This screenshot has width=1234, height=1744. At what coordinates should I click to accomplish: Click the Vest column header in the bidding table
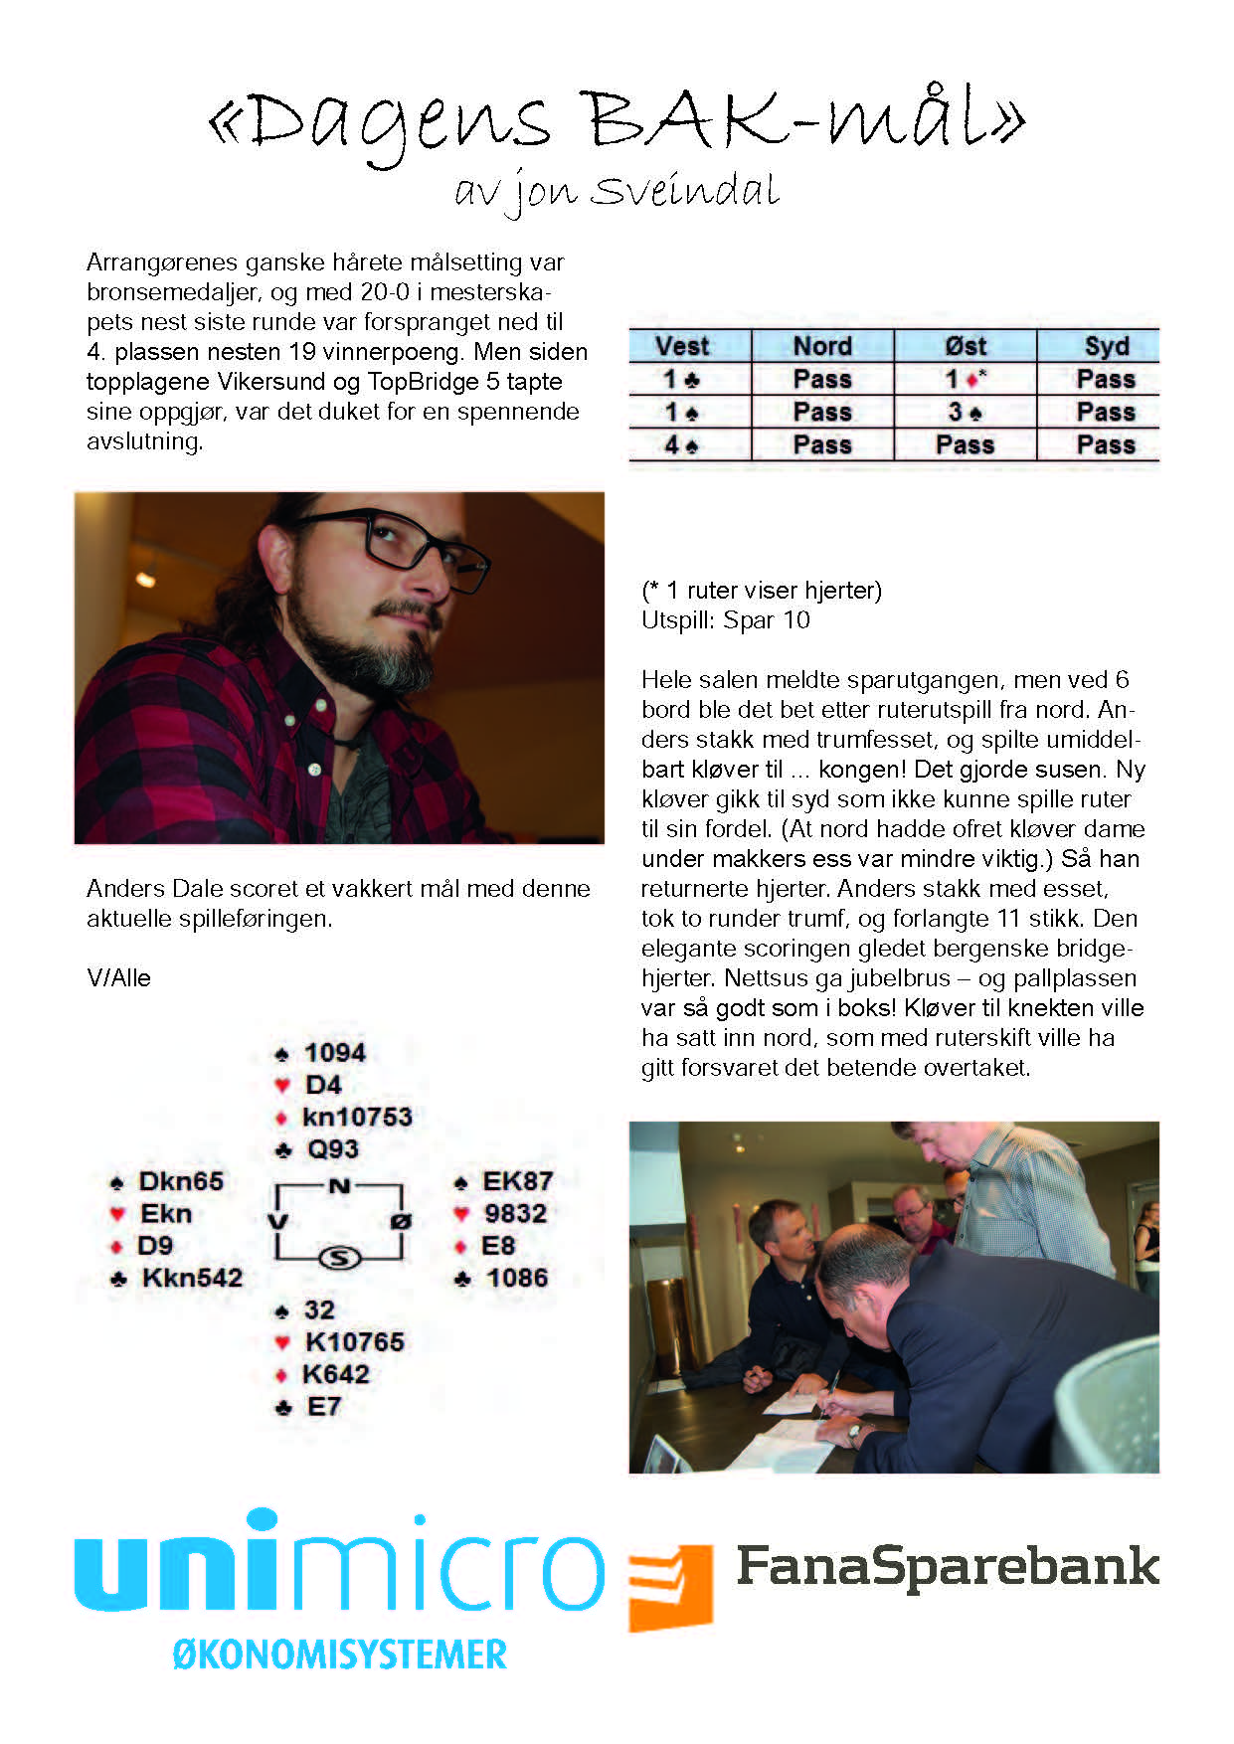coord(682,346)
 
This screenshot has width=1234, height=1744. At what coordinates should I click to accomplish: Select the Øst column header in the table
coord(966,346)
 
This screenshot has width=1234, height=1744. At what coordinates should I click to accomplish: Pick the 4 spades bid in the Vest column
coord(682,444)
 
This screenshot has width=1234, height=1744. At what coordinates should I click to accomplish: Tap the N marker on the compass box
coord(339,1185)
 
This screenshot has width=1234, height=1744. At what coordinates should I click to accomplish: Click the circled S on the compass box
coord(339,1259)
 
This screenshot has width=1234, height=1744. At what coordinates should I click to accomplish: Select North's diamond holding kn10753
coord(357,1117)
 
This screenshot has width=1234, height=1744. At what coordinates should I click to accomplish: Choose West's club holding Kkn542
coord(192,1278)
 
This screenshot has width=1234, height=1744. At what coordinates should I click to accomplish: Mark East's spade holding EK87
coord(517,1181)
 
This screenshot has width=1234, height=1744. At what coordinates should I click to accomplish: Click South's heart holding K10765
coord(355,1342)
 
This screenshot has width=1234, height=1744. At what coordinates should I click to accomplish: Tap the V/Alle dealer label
coord(118,978)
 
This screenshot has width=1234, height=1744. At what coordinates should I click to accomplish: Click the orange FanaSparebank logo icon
coord(670,1587)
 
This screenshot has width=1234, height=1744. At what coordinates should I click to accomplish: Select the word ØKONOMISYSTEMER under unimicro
coord(340,1656)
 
